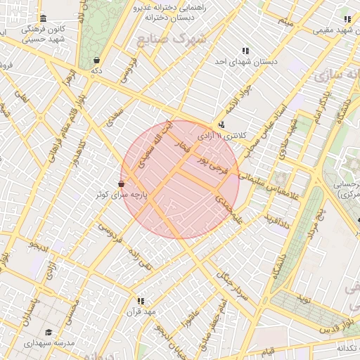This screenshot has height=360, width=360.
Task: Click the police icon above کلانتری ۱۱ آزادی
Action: tap(222, 125)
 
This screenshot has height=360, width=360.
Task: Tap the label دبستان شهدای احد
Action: tap(246, 62)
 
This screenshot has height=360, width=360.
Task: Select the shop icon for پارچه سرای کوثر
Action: tap(122, 184)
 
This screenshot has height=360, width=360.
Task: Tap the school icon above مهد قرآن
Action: tap(141, 301)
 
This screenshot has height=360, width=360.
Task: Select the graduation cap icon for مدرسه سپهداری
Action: tap(49, 333)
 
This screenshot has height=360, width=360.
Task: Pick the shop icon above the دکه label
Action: tap(96, 60)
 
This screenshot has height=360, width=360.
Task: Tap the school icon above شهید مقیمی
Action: tap(347, 19)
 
